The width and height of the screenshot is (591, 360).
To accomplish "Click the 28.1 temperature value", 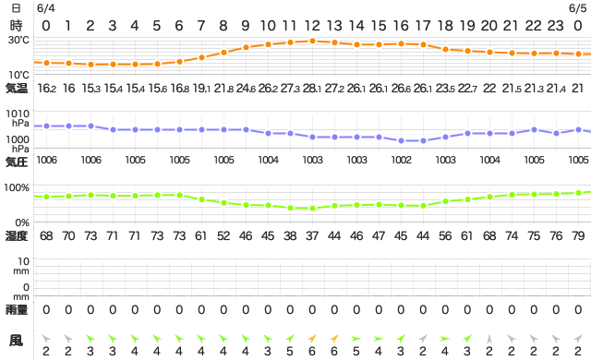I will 313,89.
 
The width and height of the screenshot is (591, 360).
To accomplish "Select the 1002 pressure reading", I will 402,160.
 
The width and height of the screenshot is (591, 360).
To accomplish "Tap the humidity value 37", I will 312,236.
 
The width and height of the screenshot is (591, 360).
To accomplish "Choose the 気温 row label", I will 17,89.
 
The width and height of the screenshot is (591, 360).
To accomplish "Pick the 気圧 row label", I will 17,162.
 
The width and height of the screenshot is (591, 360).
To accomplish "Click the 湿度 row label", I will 17,236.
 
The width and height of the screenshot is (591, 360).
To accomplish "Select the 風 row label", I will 17,342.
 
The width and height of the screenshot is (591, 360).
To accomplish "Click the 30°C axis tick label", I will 18,40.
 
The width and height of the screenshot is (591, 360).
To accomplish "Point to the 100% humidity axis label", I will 18,187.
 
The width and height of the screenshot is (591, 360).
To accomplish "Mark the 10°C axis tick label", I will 18,74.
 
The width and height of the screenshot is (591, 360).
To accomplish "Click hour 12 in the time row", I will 312,25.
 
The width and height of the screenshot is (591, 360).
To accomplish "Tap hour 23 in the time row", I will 556,25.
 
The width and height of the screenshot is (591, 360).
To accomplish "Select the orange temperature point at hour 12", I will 312,41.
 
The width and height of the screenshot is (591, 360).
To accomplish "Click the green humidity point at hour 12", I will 312,208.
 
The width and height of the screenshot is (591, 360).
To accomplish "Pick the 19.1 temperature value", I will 202,89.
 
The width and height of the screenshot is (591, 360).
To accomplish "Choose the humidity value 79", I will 577,236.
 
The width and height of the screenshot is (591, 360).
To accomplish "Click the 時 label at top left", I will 16,25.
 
